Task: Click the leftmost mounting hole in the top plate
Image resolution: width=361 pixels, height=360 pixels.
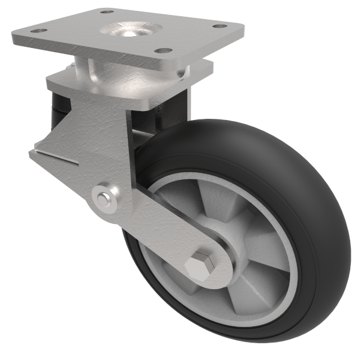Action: click(x=38, y=31)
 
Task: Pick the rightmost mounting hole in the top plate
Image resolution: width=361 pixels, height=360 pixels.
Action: click(x=220, y=26)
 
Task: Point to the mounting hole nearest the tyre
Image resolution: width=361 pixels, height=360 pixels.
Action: click(x=161, y=52)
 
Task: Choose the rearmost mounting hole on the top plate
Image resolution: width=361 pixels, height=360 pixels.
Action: click(x=106, y=11)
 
